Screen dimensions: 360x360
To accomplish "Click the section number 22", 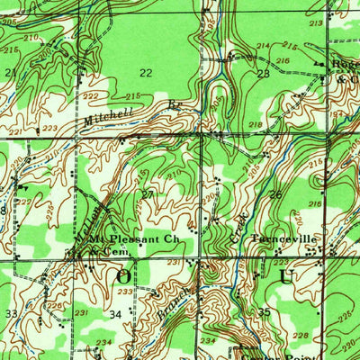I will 145,72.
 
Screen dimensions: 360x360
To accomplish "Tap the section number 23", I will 263,74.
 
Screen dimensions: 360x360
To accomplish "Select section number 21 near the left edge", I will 11,72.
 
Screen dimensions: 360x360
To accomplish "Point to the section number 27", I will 147,193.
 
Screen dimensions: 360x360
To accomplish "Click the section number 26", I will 274,194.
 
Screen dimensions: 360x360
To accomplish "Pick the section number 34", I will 115,314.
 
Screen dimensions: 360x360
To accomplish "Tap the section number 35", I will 264,312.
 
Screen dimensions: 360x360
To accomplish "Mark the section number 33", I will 11,313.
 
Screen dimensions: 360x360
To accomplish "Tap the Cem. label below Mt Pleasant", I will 115,253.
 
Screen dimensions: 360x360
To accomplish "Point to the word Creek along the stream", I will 241,221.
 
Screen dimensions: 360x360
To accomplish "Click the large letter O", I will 123,276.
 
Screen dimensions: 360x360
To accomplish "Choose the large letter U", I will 286,275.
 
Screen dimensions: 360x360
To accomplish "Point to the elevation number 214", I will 263,45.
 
